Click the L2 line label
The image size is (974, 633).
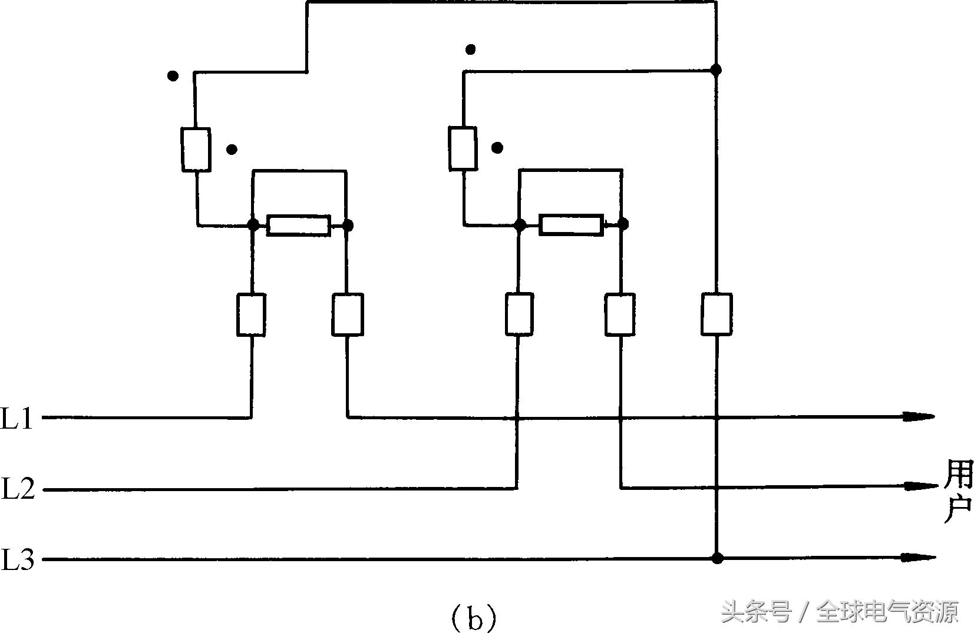pyautogui.click(x=18, y=489)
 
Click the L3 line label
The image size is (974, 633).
pyautogui.click(x=18, y=559)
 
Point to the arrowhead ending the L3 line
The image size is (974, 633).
pyautogui.click(x=920, y=557)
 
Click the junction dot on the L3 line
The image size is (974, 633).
pyautogui.click(x=717, y=558)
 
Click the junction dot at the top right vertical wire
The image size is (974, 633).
pyautogui.click(x=716, y=70)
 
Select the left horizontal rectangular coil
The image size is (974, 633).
pyautogui.click(x=298, y=226)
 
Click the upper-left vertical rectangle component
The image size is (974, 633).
pyautogui.click(x=196, y=150)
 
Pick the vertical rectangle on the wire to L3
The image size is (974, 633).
pyautogui.click(x=717, y=314)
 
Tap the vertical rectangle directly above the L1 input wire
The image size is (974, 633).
pyautogui.click(x=251, y=315)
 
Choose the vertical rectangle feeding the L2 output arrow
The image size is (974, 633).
pyautogui.click(x=620, y=315)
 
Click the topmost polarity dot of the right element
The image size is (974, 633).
pyautogui.click(x=470, y=49)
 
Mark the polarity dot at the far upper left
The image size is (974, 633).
pyautogui.click(x=173, y=76)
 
